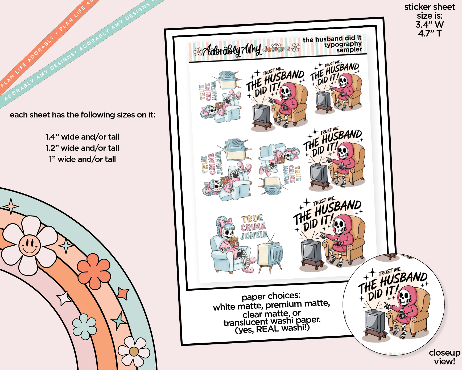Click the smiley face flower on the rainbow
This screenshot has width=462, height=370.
(x=29, y=245)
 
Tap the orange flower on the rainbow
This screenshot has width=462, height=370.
(x=94, y=271)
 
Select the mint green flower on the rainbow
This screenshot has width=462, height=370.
(x=85, y=326)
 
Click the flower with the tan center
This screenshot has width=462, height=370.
(x=134, y=351)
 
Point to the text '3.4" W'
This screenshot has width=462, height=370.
(x=430, y=25)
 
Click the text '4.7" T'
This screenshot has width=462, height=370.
(x=430, y=33)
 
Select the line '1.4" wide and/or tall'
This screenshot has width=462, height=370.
(x=82, y=137)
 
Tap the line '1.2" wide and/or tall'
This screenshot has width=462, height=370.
(x=82, y=148)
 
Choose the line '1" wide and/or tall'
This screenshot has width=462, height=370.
(x=82, y=159)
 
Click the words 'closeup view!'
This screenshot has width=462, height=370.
(x=444, y=357)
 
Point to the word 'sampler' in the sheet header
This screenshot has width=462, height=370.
(x=349, y=50)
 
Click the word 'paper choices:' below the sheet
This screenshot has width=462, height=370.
(x=271, y=296)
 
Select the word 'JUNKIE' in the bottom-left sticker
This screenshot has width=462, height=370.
(x=254, y=235)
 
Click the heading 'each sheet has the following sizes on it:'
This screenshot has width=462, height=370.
(x=82, y=115)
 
